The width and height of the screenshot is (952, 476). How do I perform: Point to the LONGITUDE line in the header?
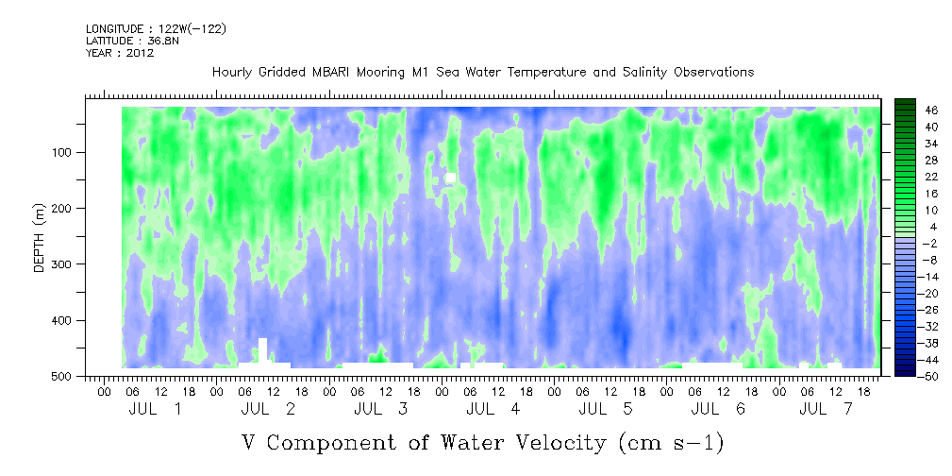(x=156, y=29)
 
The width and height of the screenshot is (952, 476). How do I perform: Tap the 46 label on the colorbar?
(x=931, y=110)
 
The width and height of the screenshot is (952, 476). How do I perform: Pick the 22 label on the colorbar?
(x=931, y=178)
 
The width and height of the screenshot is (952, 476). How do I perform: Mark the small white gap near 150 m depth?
(x=451, y=178)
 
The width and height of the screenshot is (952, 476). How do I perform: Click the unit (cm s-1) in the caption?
(x=671, y=442)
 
